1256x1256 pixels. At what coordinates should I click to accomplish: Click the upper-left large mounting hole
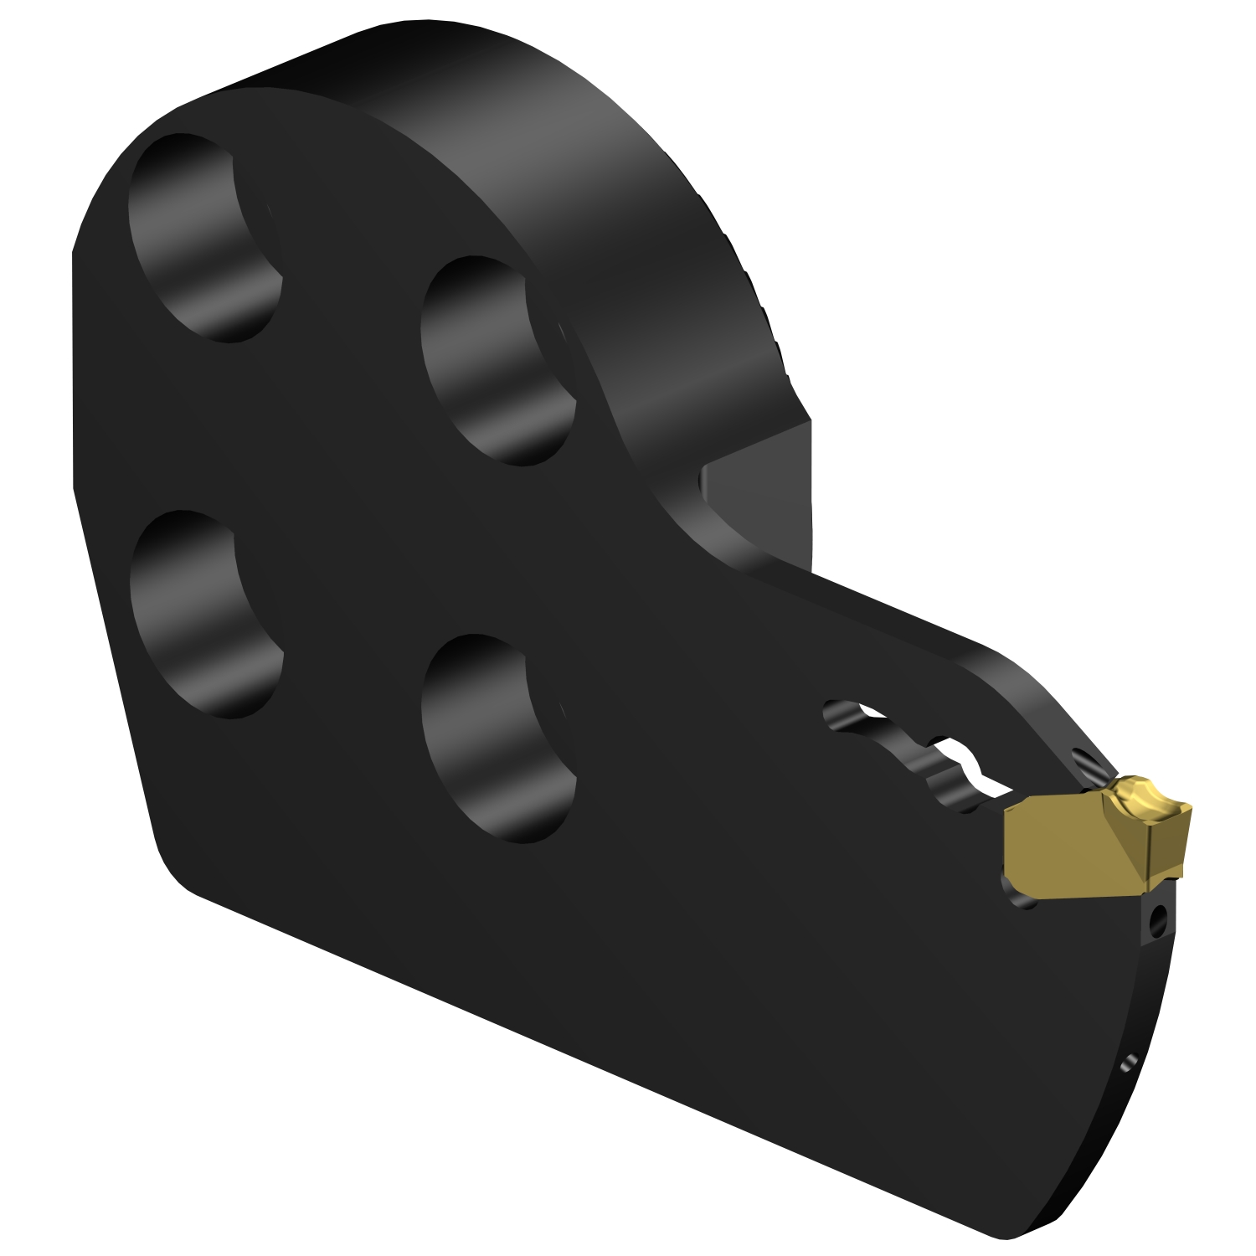205,239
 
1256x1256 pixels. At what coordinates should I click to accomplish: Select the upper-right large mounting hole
498,360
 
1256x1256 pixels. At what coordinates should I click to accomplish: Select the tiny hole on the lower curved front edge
1127,1063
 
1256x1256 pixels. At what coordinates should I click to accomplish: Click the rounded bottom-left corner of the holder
176,871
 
